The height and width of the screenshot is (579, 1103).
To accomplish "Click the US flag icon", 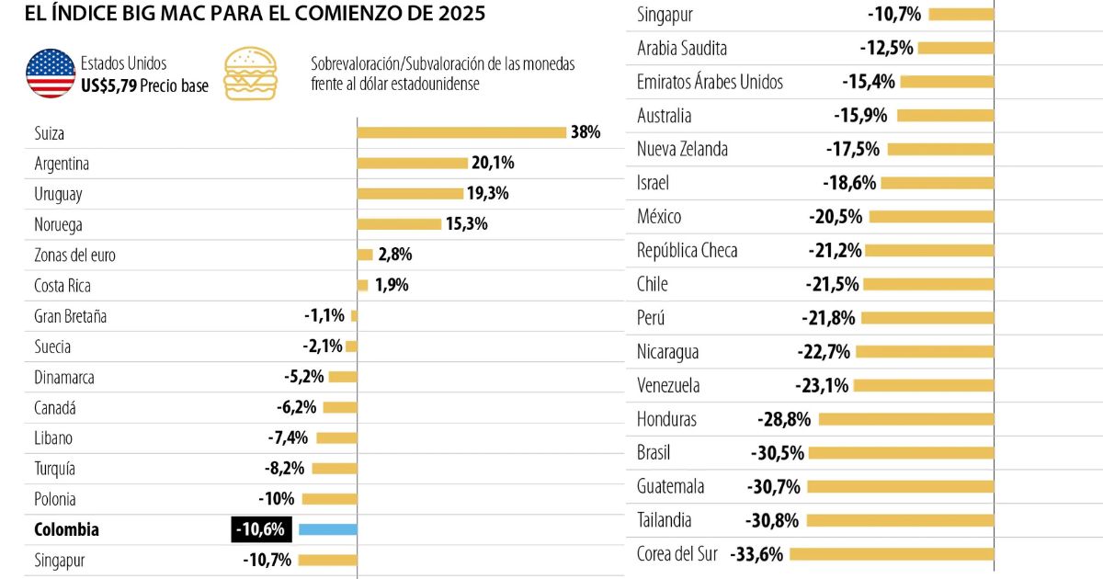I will (51, 74).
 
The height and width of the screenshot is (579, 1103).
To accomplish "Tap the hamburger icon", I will (250, 74).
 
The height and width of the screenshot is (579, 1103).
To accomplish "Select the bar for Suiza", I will (461, 132).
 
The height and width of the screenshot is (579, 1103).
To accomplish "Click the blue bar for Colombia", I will (327, 529).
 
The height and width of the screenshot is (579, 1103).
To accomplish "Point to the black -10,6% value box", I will (263, 529).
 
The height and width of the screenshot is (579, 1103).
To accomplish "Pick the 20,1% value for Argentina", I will (494, 164).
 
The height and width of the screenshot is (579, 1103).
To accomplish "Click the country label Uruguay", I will (58, 194).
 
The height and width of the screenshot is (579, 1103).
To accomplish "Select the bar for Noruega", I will (399, 224).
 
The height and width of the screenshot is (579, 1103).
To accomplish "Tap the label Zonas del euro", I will (74, 255).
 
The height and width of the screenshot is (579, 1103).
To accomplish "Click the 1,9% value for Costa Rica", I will (391, 285).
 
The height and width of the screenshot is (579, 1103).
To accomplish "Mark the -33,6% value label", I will (757, 554).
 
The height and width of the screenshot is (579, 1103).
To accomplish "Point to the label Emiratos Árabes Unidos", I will (710, 82).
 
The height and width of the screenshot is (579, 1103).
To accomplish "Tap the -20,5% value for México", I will (836, 217).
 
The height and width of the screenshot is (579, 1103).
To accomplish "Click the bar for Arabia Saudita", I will (956, 48).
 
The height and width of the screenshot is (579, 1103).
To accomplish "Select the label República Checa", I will (688, 251).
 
